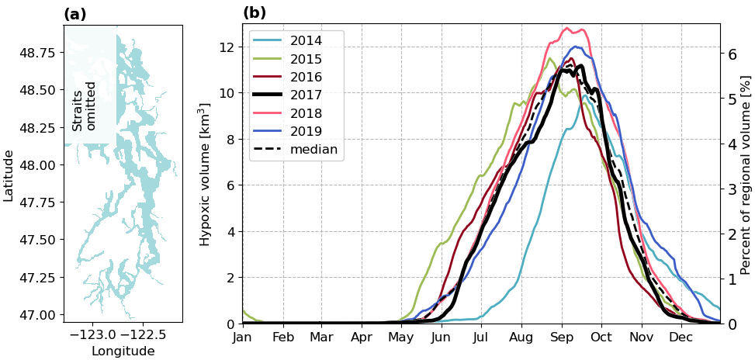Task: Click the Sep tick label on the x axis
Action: tap(563, 337)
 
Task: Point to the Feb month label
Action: tap(283, 337)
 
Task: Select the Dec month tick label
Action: tap(681, 337)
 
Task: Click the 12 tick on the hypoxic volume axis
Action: tap(226, 47)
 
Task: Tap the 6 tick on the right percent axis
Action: tap(731, 54)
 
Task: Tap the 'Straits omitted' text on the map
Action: tap(84, 106)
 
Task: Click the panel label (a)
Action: tap(75, 14)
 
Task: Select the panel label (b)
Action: tap(255, 13)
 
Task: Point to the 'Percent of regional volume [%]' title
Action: tap(745, 175)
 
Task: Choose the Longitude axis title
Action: tap(123, 351)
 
